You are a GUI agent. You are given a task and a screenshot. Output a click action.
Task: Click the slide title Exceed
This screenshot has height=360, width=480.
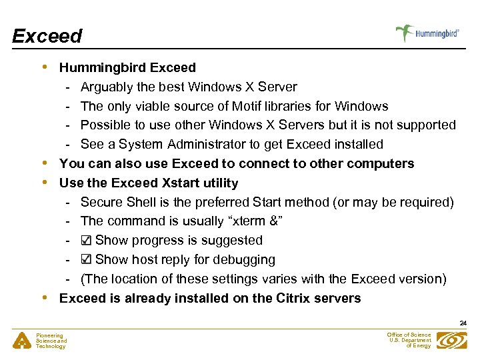[47, 36]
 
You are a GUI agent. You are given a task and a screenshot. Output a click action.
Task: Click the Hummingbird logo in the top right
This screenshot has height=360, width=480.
[427, 33]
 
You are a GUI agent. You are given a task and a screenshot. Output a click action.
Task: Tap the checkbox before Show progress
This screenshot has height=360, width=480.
[86, 241]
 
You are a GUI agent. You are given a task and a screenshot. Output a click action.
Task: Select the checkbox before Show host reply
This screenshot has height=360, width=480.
[86, 260]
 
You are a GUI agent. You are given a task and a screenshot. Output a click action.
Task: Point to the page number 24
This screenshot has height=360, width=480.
[463, 323]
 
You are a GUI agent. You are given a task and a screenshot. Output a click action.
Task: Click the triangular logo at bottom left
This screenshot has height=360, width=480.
[21, 341]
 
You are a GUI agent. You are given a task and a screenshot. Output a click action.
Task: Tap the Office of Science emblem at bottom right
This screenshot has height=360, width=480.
[453, 340]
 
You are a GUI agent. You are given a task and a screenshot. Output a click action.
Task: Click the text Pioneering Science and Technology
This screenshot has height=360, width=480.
[51, 341]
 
